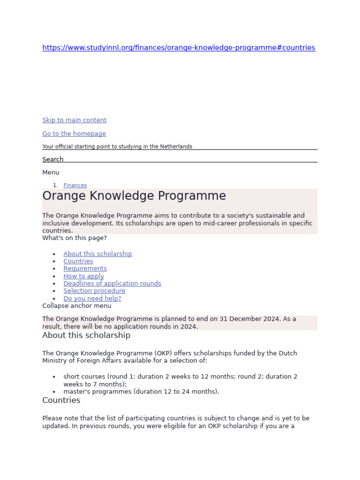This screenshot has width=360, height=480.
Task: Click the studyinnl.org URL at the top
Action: click(x=179, y=48)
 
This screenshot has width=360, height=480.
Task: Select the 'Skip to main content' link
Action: click(x=74, y=120)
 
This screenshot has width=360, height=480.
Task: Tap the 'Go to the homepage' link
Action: click(x=74, y=134)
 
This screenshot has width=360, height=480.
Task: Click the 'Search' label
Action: click(x=52, y=159)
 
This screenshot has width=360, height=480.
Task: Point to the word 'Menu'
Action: click(x=51, y=172)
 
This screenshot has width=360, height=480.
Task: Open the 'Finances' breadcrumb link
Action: click(x=75, y=186)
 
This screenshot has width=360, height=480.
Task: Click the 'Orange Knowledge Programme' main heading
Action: click(x=134, y=196)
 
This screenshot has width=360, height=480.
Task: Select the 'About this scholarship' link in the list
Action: click(x=97, y=254)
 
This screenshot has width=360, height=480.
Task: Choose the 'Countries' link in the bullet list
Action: click(x=78, y=261)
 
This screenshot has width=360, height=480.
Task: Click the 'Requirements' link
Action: click(x=85, y=269)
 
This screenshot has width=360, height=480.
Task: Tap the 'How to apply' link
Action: click(x=83, y=276)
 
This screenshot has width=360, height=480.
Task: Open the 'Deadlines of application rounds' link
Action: click(x=112, y=284)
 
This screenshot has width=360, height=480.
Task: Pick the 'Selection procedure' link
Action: click(x=94, y=291)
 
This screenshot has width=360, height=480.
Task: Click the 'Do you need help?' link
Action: click(x=92, y=298)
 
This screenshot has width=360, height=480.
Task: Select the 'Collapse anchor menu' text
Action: click(x=77, y=306)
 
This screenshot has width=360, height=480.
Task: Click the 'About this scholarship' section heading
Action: click(x=86, y=336)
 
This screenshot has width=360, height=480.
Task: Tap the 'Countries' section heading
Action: click(x=61, y=400)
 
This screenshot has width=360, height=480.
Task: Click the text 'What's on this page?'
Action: click(x=75, y=238)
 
